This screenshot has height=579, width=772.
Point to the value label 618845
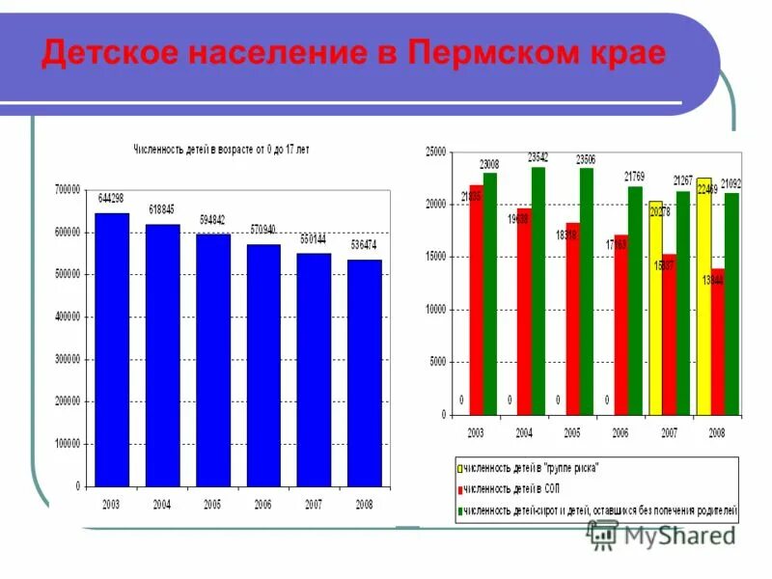point(162,209)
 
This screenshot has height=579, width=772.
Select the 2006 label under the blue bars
point(263,504)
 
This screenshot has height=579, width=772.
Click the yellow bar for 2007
point(656,308)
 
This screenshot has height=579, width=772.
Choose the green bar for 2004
point(538,290)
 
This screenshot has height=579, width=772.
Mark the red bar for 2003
point(477,299)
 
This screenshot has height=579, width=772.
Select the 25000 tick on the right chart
point(435,152)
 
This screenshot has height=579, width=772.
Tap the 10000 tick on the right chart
point(435,310)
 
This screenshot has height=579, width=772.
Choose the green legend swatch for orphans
point(461,510)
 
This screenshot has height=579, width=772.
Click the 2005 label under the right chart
point(573,433)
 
